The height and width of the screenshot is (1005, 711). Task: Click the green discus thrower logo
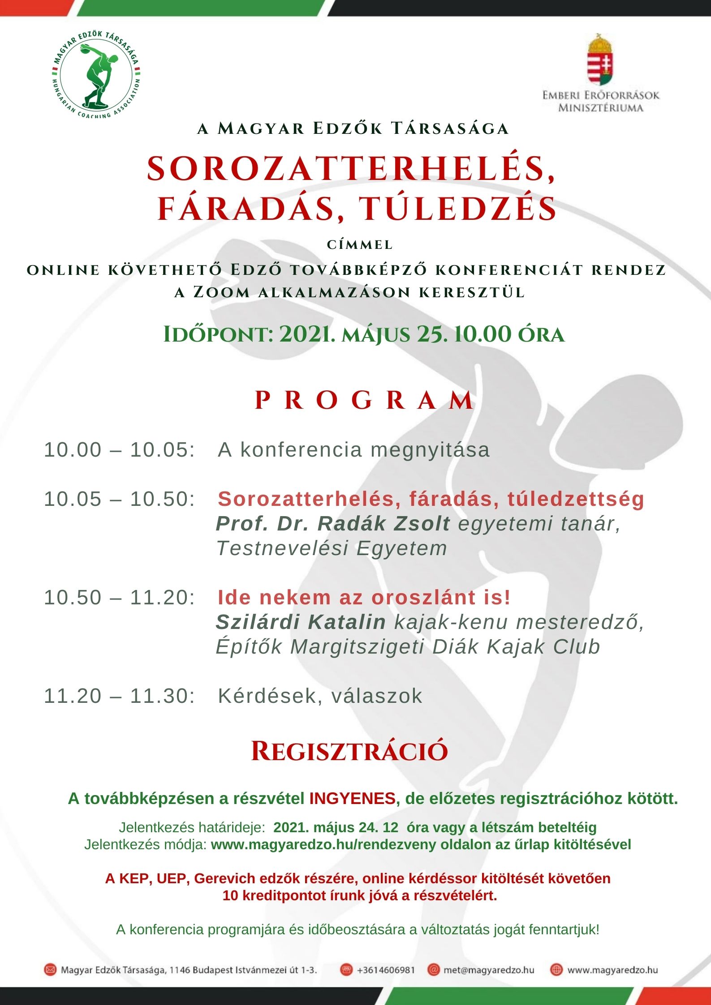[x=96, y=76]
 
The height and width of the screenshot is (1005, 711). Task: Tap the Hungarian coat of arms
[x=600, y=60]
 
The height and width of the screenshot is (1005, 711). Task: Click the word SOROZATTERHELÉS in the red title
[x=351, y=169]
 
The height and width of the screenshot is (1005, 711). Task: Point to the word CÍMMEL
[x=360, y=245]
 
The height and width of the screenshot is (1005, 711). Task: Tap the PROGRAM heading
[x=364, y=400]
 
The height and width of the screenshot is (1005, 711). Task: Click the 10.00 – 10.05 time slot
[x=120, y=450]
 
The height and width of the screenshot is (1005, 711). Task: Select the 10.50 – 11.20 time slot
[x=120, y=598]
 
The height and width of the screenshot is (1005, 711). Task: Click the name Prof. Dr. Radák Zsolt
[x=333, y=524]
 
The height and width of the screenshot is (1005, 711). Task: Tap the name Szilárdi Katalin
[x=301, y=622]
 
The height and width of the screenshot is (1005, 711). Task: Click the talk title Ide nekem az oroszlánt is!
[x=364, y=598]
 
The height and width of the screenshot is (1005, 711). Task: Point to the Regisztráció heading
[x=349, y=751]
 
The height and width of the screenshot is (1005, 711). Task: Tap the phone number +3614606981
[x=386, y=970]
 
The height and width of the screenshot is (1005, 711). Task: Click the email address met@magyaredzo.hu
[x=489, y=970]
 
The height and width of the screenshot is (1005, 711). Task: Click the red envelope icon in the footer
[x=50, y=970]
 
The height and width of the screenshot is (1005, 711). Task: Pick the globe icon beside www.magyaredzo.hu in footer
[x=556, y=970]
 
